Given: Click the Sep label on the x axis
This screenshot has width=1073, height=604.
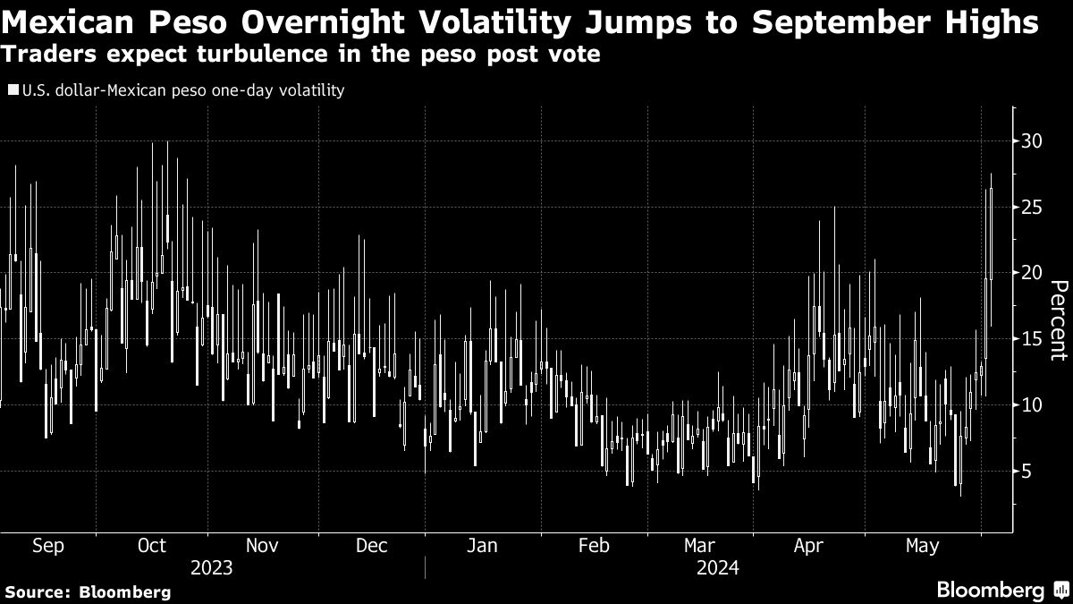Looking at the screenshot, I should [x=48, y=546].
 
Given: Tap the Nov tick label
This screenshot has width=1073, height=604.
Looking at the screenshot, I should [x=261, y=546].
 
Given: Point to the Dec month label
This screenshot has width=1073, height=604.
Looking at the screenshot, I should [x=371, y=546].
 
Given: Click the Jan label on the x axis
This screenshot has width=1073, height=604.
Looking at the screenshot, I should [x=482, y=546].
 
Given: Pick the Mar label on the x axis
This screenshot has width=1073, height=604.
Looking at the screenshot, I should [x=699, y=546].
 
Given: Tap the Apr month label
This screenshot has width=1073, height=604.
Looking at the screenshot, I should [x=808, y=546].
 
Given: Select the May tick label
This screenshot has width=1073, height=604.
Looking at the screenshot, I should [x=921, y=546].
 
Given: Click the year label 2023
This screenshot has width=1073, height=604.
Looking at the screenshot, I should [x=212, y=568].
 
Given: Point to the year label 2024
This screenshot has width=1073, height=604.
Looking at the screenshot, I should [x=717, y=568].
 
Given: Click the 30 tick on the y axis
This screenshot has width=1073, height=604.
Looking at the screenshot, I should [x=1033, y=141].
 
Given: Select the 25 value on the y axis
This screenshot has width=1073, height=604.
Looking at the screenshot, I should [x=1033, y=208].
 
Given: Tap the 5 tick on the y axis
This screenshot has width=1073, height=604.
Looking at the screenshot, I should [x=1027, y=471].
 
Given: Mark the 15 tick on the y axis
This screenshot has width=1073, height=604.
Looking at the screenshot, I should [x=1033, y=339].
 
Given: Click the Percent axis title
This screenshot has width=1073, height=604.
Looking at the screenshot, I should [x=1058, y=319].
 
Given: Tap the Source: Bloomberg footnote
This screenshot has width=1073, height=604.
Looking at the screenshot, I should [x=88, y=591].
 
